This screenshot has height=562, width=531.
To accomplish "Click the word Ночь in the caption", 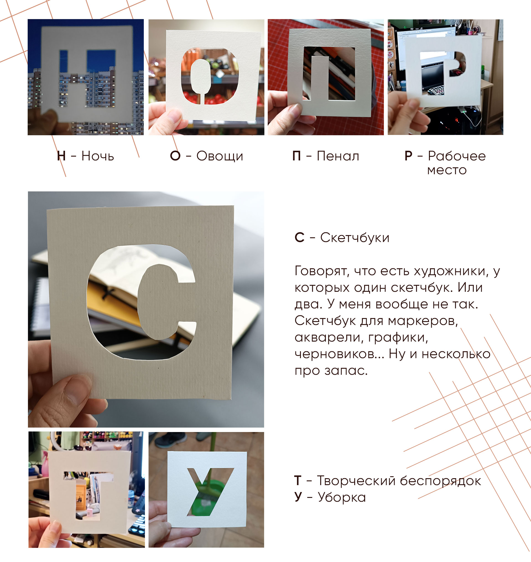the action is click(98, 156).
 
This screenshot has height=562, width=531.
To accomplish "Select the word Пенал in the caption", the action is click(338, 156).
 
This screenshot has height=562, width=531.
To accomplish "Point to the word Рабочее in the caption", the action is click(457, 156).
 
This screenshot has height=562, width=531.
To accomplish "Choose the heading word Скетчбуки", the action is click(355, 238).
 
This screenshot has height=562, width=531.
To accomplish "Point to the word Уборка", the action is click(342, 498).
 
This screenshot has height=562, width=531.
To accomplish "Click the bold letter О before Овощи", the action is click(175, 156).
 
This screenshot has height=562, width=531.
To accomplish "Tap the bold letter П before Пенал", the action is click(296, 156).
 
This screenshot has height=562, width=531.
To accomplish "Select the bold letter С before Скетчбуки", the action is click(300, 238).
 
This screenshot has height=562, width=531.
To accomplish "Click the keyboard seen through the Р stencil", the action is click(436, 91).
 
